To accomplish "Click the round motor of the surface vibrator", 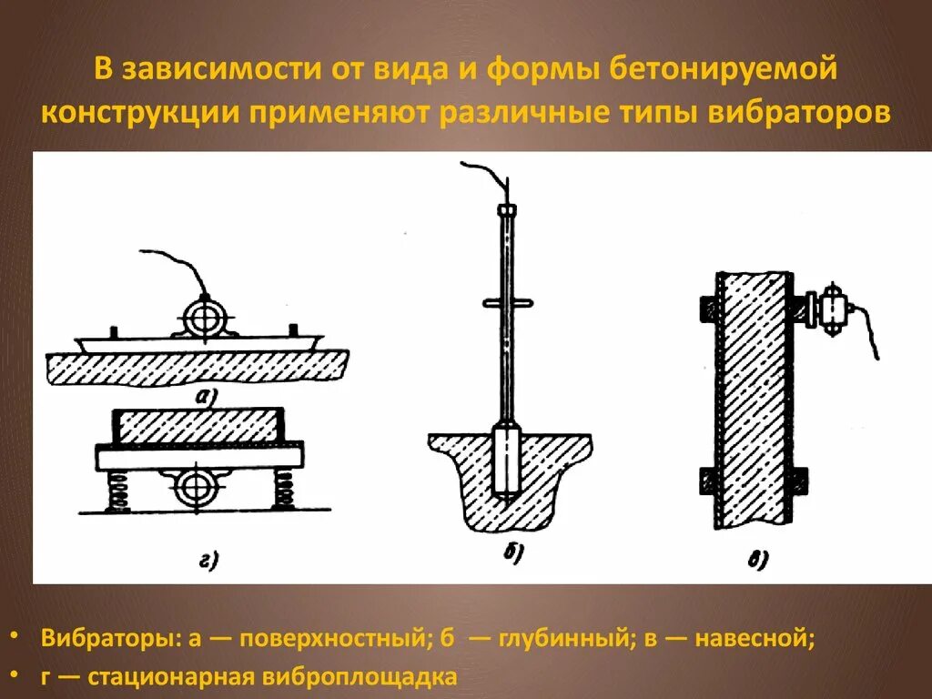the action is tap(206, 319).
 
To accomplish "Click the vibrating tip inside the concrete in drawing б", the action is tap(506, 461).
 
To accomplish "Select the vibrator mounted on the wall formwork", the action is tap(830, 309).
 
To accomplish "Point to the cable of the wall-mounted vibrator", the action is tap(869, 332).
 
